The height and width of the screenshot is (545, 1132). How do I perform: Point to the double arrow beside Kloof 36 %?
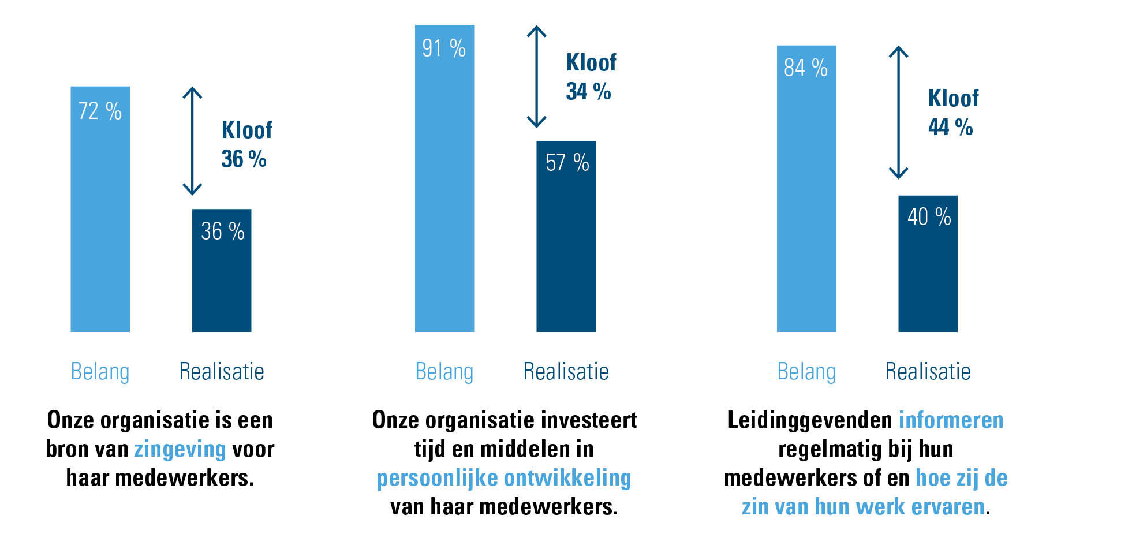[x=192, y=141]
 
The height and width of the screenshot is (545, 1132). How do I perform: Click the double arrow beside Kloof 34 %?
[x=536, y=76]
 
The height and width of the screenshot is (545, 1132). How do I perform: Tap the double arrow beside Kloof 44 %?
[x=898, y=112]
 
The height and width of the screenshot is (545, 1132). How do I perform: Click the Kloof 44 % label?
[x=952, y=113]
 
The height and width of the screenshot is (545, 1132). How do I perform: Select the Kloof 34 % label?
[x=591, y=77]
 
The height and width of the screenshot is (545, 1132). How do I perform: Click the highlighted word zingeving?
[x=180, y=449]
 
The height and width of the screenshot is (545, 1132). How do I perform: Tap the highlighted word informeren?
[x=951, y=420]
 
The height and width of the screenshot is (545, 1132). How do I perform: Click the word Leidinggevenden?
[x=810, y=420]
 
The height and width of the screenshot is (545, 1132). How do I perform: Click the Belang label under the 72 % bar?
[x=100, y=372]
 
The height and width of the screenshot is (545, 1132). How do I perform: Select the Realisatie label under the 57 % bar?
[x=566, y=372]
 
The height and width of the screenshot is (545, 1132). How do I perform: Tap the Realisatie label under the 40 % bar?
[x=928, y=372]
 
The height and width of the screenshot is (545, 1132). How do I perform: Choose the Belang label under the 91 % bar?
[x=444, y=372]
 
